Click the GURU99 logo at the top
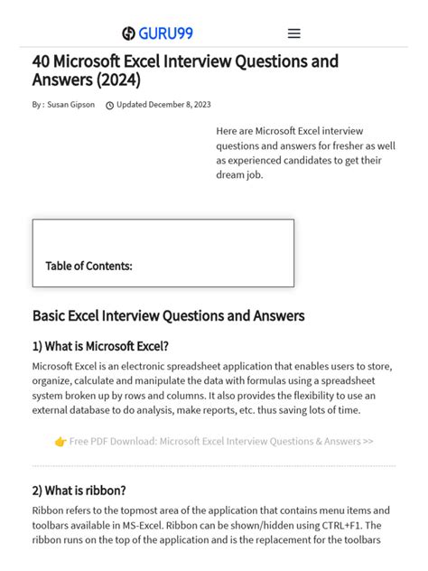coord(157,33)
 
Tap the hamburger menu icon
coord(293,33)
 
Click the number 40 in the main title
coord(42,62)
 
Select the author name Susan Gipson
coord(71,105)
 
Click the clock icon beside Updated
coord(110,106)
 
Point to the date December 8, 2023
coord(180,105)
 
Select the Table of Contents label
coord(88,266)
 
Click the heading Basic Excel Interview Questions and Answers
coord(168,316)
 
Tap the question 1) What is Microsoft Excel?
coord(100,346)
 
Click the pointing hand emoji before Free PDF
coord(60,442)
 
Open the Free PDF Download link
coord(221,442)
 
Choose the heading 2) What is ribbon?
coord(79,491)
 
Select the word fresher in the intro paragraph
coord(351,145)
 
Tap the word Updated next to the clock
coord(132,105)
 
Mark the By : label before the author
coord(38,105)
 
